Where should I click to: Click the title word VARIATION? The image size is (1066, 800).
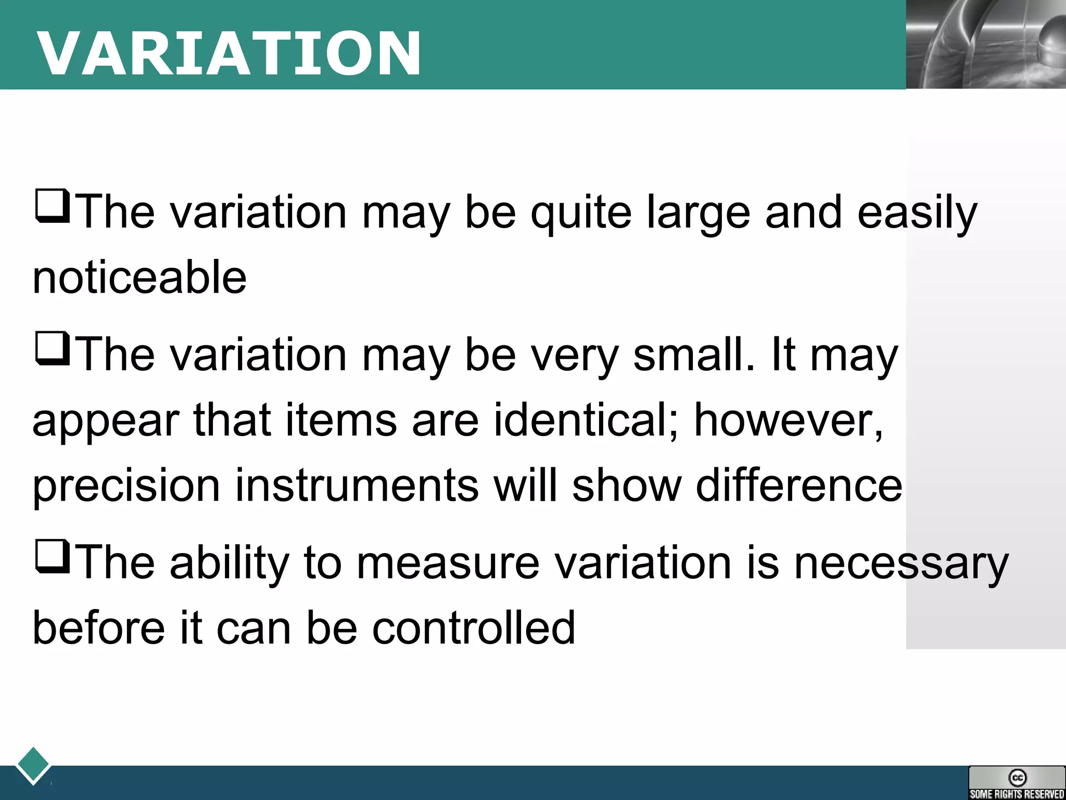(x=229, y=54)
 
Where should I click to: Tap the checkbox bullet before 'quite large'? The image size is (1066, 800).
(x=52, y=207)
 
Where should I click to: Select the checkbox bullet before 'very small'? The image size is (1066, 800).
(x=52, y=349)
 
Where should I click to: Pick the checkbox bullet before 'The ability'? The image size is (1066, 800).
(x=52, y=557)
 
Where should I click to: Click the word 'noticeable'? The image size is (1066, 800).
(x=139, y=277)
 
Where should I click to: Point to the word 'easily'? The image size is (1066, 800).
(x=917, y=213)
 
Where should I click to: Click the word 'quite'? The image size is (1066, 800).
(x=580, y=213)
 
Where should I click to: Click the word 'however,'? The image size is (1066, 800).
(x=789, y=420)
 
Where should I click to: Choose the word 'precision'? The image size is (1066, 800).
(x=126, y=485)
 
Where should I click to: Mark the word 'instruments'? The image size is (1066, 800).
(x=357, y=485)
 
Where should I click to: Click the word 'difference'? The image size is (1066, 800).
(x=799, y=485)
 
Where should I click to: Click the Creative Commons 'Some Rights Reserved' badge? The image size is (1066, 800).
(x=1017, y=782)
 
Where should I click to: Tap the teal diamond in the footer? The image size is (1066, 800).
(x=33, y=765)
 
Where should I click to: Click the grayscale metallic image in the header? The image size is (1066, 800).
(x=986, y=44)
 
